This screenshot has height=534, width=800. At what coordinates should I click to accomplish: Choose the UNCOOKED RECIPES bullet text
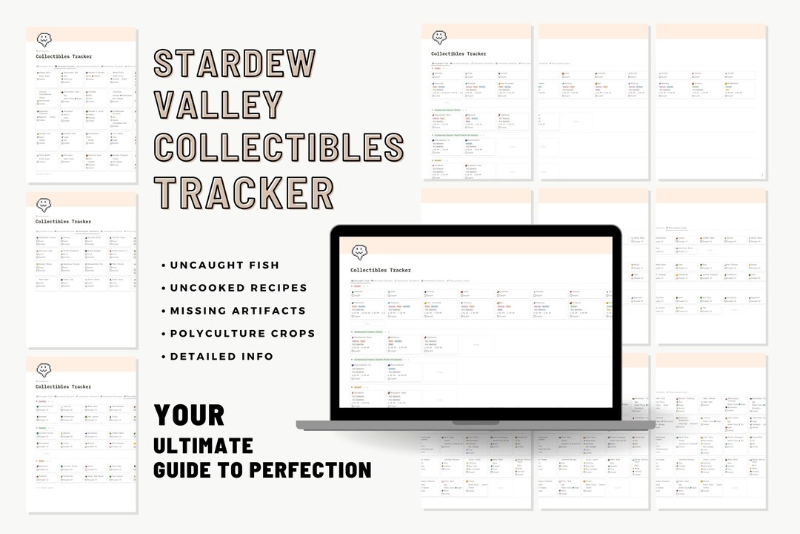click(239, 288)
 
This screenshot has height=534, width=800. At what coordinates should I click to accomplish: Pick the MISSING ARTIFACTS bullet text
click(238, 311)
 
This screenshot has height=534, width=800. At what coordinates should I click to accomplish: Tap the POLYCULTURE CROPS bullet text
click(242, 334)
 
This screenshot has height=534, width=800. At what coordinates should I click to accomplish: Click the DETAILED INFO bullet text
click(221, 357)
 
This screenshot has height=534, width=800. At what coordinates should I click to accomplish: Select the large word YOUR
click(190, 415)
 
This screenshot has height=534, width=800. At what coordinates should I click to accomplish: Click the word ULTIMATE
click(203, 445)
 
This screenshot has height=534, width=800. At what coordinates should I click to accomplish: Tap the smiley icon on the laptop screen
click(360, 252)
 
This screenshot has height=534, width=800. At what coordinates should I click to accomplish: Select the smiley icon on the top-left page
click(44, 39)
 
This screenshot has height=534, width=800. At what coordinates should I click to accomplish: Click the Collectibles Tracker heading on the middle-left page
click(63, 222)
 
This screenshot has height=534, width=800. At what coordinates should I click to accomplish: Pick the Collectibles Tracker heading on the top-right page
click(459, 53)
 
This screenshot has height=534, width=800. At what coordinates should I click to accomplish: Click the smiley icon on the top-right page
click(440, 36)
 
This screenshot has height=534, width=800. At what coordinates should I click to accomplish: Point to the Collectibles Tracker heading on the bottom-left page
click(63, 386)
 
